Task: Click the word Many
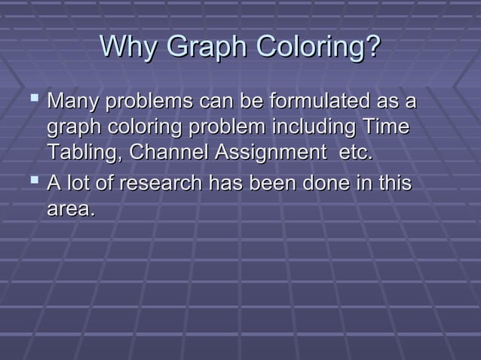74,101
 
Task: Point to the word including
314,126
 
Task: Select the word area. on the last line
72,209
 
